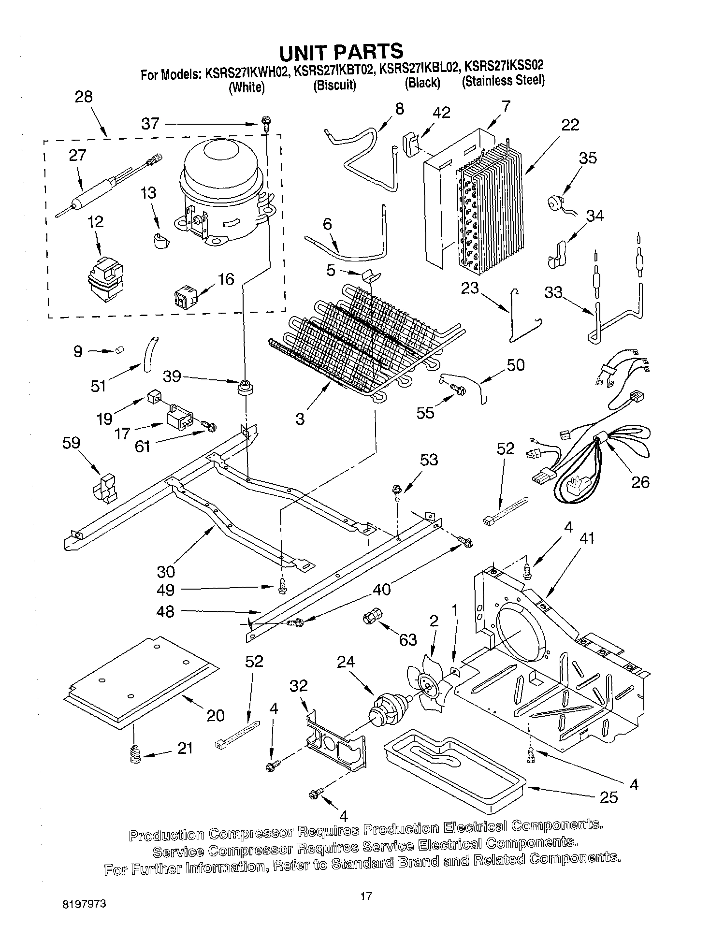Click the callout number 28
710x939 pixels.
point(83,97)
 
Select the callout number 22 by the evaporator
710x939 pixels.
point(570,125)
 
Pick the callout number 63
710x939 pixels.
point(408,639)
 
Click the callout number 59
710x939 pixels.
point(71,443)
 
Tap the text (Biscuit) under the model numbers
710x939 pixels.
point(334,85)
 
